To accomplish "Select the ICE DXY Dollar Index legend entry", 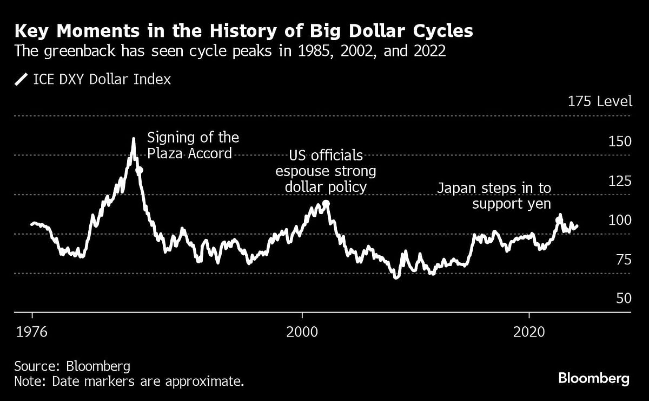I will pyautogui.click(x=93, y=80).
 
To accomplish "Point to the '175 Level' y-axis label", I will pyautogui.click(x=599, y=101).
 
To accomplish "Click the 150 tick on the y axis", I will pyautogui.click(x=620, y=141).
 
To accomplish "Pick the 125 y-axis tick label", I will pyautogui.click(x=620, y=181).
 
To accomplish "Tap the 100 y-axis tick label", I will pyautogui.click(x=620, y=221).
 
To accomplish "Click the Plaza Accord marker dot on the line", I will pyautogui.click(x=139, y=170).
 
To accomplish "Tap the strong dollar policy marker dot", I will pyautogui.click(x=326, y=204).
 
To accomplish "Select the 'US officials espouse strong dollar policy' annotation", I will pyautogui.click(x=326, y=171).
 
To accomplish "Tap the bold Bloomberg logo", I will pyautogui.click(x=593, y=378).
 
